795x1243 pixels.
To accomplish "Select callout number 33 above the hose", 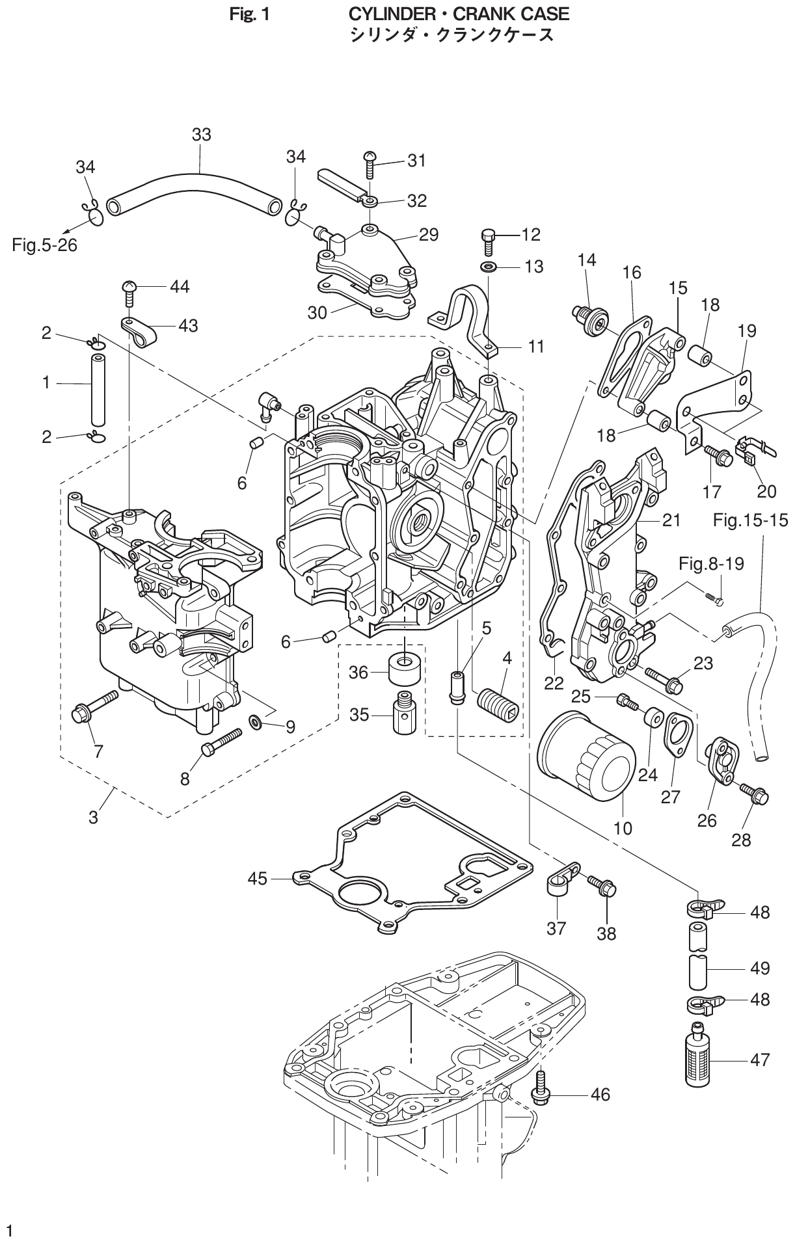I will point(202,135).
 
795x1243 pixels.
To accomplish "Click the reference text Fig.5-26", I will point(44,245).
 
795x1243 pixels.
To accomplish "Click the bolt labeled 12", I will point(489,241).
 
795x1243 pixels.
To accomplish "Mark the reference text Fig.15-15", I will point(750,520).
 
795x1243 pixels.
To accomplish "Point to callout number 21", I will point(671,520).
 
